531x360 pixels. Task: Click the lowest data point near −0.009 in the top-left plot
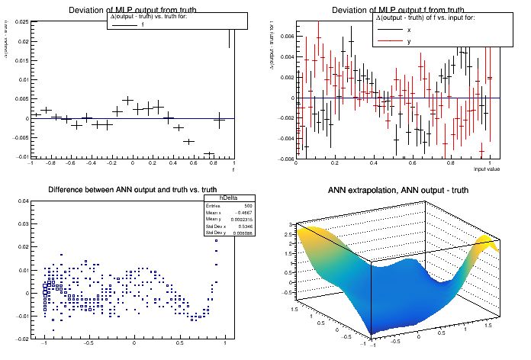pos(209,154)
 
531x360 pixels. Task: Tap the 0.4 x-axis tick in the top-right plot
pos(373,163)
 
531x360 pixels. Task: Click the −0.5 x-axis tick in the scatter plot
pos(88,343)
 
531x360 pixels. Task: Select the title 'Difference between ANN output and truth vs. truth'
pos(132,190)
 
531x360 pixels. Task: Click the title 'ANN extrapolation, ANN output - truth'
pos(397,190)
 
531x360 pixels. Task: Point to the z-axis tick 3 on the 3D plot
pos(291,224)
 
